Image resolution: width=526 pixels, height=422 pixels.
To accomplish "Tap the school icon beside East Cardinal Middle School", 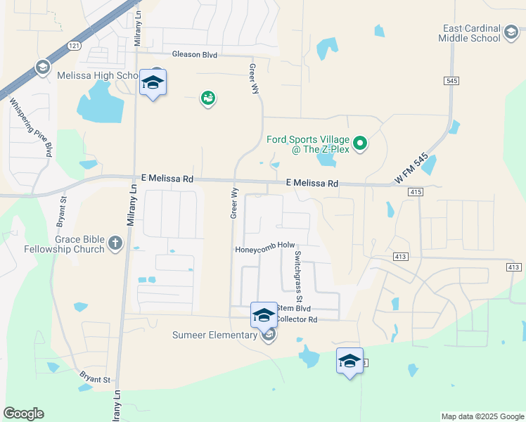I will tap(511, 33).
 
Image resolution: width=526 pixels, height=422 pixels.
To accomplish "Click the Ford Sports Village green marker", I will tap(361, 144).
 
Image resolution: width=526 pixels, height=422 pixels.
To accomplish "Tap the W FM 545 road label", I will tap(411, 171).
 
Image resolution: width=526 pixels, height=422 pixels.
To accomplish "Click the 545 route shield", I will tap(451, 82).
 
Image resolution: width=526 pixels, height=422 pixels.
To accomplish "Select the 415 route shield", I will tap(415, 192).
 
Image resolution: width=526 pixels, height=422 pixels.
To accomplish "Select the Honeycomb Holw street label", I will tap(264, 245).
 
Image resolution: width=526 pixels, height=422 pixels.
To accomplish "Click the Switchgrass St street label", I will tap(298, 269).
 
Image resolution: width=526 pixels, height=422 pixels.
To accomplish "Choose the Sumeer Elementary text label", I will tap(214, 335).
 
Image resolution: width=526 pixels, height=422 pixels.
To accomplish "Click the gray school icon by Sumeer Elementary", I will tap(268, 335).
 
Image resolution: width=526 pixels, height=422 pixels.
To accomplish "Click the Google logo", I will tap(23, 414).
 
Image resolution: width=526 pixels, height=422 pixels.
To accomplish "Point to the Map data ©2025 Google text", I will tap(482, 416).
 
